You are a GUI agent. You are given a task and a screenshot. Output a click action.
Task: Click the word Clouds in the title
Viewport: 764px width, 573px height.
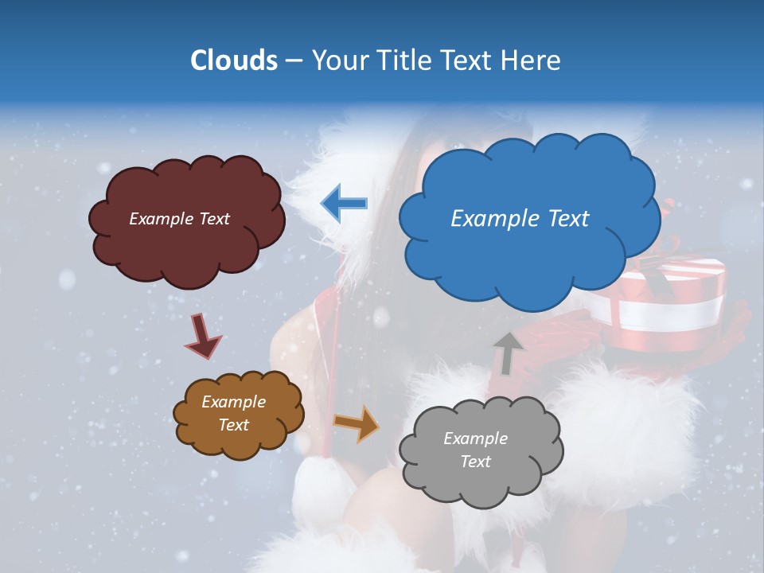233,60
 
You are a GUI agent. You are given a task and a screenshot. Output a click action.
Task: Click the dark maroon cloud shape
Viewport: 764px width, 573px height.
187,255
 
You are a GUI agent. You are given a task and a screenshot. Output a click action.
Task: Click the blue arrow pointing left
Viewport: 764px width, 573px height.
345,204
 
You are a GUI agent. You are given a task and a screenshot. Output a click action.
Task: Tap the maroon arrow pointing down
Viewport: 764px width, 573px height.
203,335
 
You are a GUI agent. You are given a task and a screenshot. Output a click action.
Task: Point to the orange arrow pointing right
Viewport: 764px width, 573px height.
356,423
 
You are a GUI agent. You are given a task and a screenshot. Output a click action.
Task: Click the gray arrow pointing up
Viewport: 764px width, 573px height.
507,353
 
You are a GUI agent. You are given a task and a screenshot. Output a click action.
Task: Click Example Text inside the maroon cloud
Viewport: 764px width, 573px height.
179,219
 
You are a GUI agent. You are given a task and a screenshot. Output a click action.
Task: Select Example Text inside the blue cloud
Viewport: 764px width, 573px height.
520,219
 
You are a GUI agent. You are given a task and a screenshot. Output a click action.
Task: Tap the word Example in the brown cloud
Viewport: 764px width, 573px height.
233,402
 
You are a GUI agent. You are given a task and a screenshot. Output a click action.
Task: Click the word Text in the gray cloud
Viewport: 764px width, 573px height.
475,462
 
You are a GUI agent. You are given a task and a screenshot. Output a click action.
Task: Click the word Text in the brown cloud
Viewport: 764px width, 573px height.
233,425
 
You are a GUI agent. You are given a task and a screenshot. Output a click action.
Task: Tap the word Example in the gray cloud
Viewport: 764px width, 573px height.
475,439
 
